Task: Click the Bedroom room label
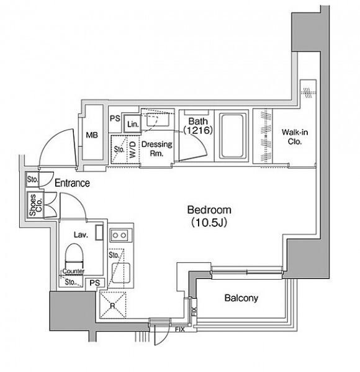point(209,210)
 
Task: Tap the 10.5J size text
point(209,223)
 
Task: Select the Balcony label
point(241,298)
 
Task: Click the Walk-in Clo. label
point(295,137)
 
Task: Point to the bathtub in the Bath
point(232,136)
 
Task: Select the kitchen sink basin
point(121,273)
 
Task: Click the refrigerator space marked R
point(113,305)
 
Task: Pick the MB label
point(92,135)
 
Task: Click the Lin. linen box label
point(133,124)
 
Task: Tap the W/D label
point(133,149)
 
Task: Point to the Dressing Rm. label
point(157,149)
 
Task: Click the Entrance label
point(72,183)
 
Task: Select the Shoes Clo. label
point(35,205)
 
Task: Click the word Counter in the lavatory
point(73,271)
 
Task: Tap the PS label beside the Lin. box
point(115,118)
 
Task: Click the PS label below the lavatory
point(95,283)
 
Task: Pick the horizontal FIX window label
point(180,329)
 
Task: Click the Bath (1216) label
point(198,126)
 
